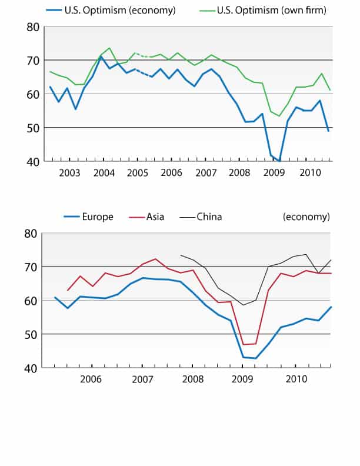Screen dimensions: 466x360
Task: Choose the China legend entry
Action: (208, 217)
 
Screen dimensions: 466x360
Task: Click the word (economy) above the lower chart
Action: (306, 217)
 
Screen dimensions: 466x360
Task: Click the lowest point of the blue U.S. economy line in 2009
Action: (279, 161)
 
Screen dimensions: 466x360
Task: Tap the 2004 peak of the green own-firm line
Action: (109, 48)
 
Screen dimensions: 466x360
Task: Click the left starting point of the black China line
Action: (180, 255)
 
